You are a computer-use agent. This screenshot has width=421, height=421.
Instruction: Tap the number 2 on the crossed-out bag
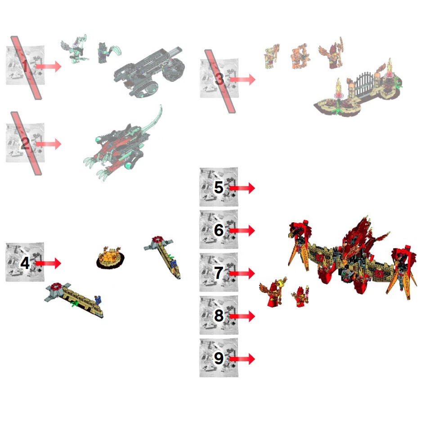25,144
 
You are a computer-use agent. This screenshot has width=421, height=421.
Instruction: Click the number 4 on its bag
25,263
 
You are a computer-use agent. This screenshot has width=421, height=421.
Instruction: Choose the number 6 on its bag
219,230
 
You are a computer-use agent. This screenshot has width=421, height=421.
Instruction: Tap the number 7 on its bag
219,273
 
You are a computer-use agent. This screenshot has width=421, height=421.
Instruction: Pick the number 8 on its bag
219,316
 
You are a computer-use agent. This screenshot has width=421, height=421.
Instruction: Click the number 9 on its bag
219,358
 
